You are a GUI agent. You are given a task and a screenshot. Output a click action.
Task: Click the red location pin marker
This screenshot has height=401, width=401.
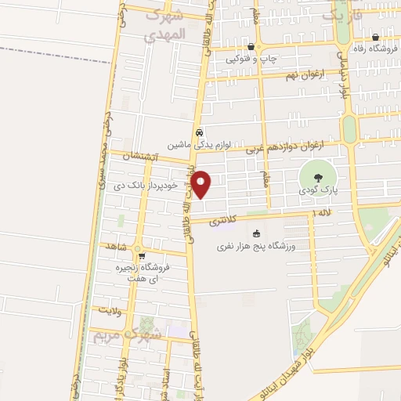point(201,184)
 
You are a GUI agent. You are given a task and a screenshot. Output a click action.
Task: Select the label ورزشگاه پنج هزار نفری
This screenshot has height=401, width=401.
point(255,247)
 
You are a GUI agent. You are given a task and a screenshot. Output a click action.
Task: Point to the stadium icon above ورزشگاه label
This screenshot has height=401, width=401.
point(255,233)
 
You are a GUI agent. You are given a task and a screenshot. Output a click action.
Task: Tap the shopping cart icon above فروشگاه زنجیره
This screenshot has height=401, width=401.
point(142,255)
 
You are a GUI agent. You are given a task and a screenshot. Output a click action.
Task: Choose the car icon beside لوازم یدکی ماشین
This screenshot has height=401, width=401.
point(200,132)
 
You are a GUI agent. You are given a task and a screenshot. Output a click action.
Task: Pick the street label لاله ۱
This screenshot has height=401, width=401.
point(323,212)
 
